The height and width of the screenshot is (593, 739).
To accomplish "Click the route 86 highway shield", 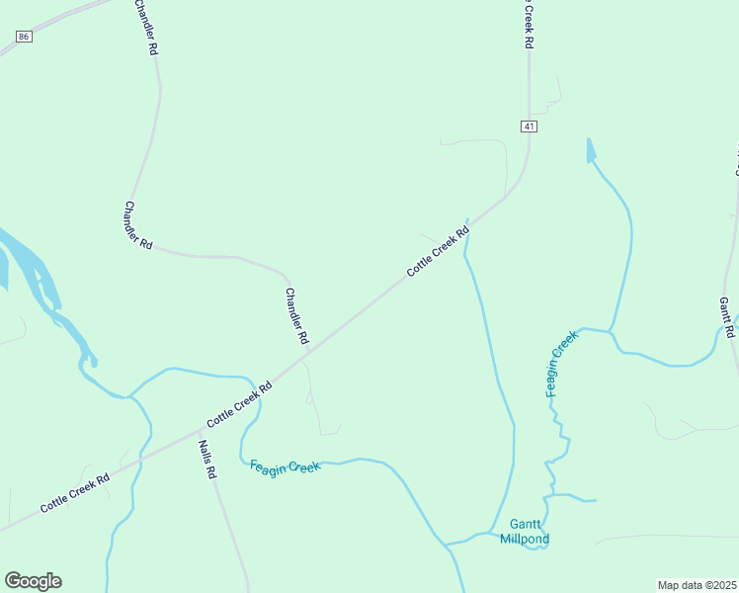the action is pos(25,36).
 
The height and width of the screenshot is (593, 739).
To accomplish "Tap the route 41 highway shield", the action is pos(530,127).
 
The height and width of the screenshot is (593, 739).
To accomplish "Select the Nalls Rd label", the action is pos(206,460).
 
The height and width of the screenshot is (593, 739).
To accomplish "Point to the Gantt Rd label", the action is pos(729,316).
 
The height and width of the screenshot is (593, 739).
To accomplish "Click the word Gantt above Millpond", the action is pos(526,524).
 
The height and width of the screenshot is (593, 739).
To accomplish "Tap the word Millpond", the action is pos(524,539).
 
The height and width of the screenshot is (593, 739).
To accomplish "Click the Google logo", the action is pos(33,581).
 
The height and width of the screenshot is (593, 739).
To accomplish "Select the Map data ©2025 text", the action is pos(698,585).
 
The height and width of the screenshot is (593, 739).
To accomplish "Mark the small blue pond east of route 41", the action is pos(591,150).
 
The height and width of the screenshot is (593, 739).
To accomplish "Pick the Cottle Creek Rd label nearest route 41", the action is pos(438,253).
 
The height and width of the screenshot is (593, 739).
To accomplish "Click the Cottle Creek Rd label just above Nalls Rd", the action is pos(239,406).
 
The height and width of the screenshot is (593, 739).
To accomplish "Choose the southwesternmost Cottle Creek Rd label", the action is pos(74,491).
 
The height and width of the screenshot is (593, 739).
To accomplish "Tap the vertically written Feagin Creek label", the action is pos(562,365).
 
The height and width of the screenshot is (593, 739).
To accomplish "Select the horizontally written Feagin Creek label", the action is pos(286,466).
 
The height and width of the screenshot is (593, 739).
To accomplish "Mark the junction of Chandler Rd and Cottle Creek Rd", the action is pos(309,353).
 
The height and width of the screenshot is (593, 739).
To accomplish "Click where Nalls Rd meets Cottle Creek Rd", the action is pos(199,430).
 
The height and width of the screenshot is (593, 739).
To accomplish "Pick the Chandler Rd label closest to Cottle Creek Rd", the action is pos(296,316).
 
